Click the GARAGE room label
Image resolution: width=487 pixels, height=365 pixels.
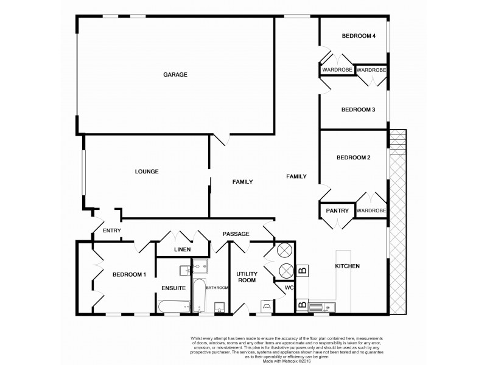(175, 75)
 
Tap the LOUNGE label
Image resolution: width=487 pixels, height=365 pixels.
(147, 172)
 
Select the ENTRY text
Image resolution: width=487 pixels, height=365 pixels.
(112, 230)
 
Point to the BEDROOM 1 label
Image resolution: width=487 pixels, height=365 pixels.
(129, 274)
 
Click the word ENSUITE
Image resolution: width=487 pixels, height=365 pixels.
(173, 288)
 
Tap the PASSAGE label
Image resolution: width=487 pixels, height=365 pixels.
(236, 233)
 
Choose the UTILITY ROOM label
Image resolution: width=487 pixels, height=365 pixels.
(247, 277)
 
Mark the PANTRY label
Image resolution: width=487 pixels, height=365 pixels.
(337, 211)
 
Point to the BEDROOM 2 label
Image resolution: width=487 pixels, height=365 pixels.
(354, 158)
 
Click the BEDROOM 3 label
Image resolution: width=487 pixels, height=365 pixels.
(358, 109)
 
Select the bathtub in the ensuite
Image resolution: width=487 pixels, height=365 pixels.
(174, 307)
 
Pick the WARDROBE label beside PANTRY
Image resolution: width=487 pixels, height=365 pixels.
(371, 211)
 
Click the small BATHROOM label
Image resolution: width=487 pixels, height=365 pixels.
(216, 288)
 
